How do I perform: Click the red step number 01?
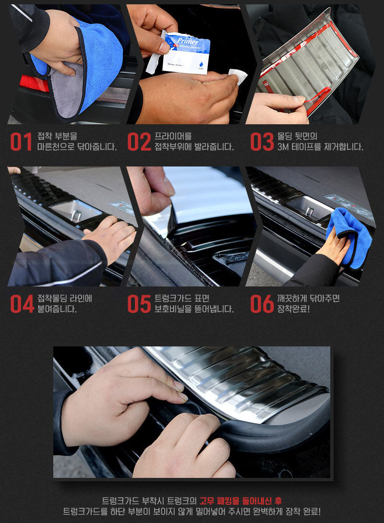coord(21,142)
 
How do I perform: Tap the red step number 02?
coord(139,142)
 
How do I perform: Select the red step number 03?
coord(262,142)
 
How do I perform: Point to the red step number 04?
coord(22,304)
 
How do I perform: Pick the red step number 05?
coord(139,304)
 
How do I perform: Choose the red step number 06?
coord(262,304)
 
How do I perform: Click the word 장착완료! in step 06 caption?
coord(294,309)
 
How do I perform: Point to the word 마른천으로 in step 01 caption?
coord(56,147)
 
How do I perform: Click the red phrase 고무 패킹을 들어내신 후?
coord(240,500)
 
